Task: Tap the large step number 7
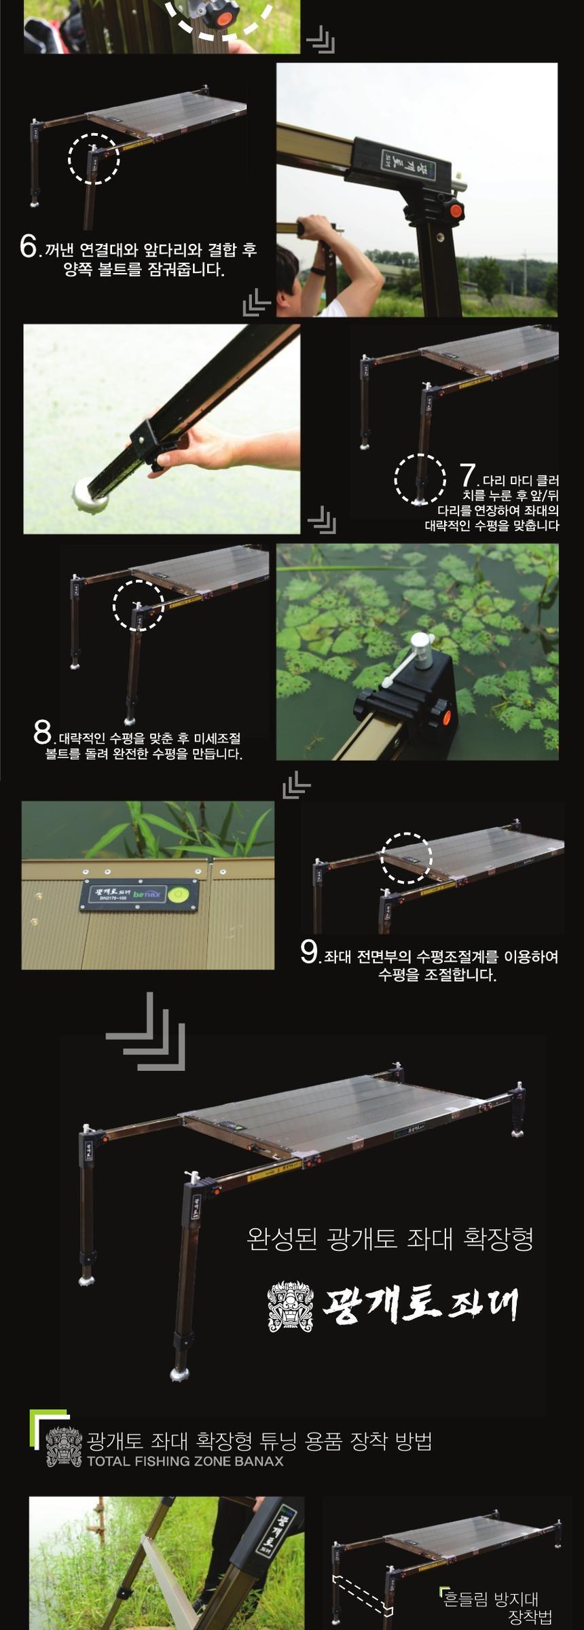pyautogui.click(x=467, y=475)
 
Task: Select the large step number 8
pyautogui.click(x=42, y=732)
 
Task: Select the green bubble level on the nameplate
pyautogui.click(x=180, y=893)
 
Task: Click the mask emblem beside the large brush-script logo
pyautogui.click(x=290, y=1306)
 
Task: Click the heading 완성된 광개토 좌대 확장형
pyautogui.click(x=390, y=1238)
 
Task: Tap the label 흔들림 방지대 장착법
pyautogui.click(x=500, y=1606)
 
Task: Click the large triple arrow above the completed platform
pyautogui.click(x=146, y=1032)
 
